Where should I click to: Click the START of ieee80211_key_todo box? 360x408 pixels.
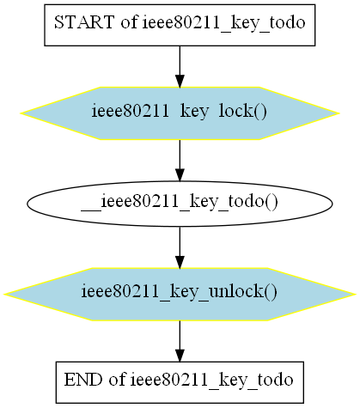[180, 25]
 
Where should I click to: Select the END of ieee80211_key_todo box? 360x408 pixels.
[180, 382]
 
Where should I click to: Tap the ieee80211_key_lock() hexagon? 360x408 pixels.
[180, 113]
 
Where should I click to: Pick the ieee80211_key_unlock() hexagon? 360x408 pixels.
[180, 295]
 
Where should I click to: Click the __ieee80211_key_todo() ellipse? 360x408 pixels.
[180, 204]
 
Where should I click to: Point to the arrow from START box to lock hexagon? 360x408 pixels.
[180, 66]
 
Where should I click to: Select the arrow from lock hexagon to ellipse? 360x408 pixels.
[180, 161]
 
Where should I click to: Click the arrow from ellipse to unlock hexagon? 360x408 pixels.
[180, 247]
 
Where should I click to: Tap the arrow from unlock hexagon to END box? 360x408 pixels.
[180, 341]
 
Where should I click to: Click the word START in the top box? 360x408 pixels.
[84, 22]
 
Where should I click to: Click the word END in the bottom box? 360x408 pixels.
[82, 380]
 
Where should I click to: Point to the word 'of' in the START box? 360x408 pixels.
[129, 22]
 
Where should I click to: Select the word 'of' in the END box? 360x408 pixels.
[117, 380]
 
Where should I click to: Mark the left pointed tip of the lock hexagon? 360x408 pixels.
[21, 113]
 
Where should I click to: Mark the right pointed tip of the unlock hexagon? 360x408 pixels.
[355, 295]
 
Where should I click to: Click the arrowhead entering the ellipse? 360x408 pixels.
[180, 175]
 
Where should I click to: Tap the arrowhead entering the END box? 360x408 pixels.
[180, 356]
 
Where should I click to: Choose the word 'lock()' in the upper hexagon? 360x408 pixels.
[242, 111]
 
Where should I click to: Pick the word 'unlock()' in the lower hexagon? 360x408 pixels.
[243, 292]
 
